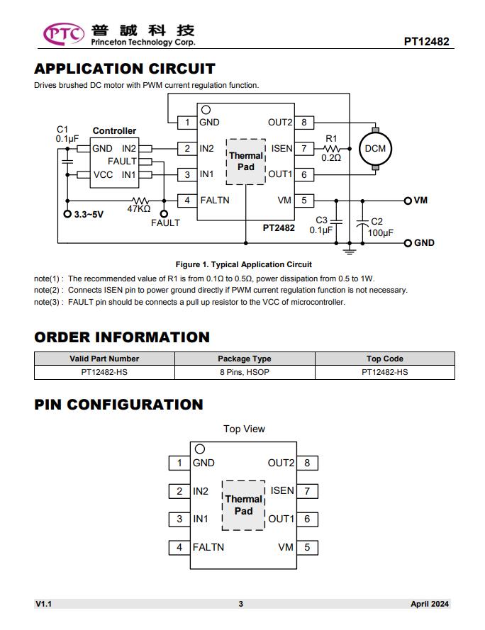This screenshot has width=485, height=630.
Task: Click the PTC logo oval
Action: (x=64, y=34)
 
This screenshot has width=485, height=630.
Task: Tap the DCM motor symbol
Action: (x=375, y=149)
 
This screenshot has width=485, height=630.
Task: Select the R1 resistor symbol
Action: (x=331, y=149)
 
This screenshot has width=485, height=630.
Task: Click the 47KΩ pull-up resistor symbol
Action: (x=140, y=201)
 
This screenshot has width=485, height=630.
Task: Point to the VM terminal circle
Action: (x=408, y=201)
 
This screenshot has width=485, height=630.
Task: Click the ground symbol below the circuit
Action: (x=350, y=251)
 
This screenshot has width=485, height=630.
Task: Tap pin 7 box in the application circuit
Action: (x=304, y=149)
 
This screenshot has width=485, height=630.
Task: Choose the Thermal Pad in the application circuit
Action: (x=246, y=162)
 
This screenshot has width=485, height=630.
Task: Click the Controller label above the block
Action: (x=114, y=130)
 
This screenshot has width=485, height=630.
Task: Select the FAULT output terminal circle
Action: (x=164, y=214)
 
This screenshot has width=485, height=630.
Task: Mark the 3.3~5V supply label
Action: (x=89, y=214)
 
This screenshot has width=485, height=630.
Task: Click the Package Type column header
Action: (x=245, y=359)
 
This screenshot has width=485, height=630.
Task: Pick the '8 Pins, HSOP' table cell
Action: (x=245, y=372)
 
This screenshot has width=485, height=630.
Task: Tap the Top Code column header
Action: (x=385, y=359)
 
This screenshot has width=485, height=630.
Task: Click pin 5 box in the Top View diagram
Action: (x=307, y=547)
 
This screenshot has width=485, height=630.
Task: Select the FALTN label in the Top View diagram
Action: (x=208, y=547)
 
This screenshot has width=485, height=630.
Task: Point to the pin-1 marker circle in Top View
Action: (x=199, y=449)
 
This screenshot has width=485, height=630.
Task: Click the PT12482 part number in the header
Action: (x=426, y=41)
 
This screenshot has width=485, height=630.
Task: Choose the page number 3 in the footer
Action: (x=241, y=604)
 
